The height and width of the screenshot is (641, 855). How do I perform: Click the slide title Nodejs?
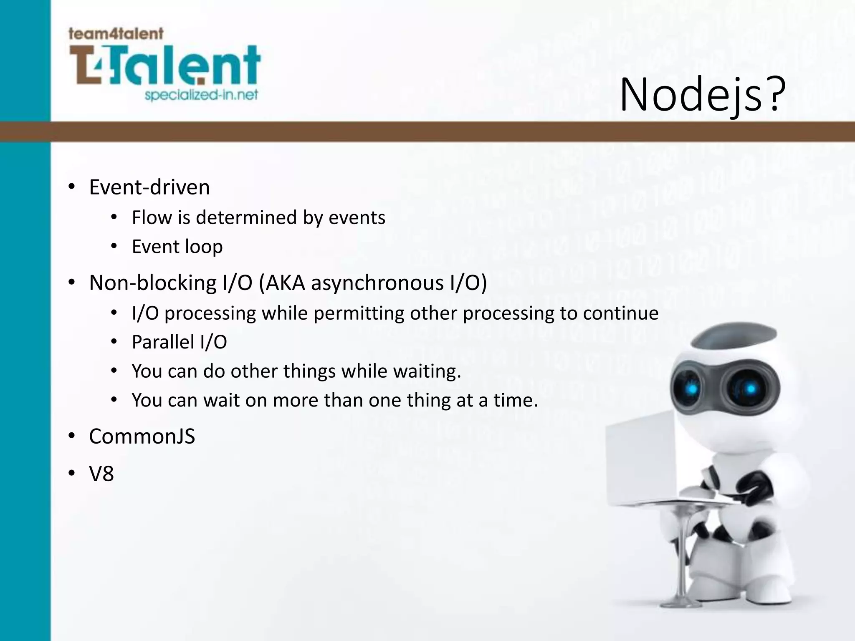pos(702,95)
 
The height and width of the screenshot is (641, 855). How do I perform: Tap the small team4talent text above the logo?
pos(116,34)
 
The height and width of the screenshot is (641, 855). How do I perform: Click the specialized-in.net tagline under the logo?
pos(201,95)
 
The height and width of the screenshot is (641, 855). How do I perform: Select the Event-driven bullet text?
pos(149,187)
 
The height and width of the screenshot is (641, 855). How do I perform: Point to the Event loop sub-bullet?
pos(177,246)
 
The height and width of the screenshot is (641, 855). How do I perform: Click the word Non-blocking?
pos(153,283)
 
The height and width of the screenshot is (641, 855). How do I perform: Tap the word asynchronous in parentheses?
pos(377,283)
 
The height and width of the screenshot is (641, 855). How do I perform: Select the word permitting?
pos(359,313)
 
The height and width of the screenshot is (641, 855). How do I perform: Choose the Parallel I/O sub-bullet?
pos(179,342)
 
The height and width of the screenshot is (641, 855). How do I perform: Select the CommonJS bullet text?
pos(142,437)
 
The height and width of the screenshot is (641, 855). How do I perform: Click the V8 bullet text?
pos(101,474)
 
